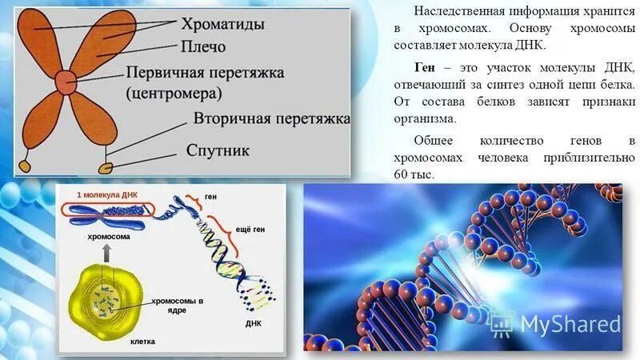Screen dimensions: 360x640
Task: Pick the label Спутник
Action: tap(218, 150)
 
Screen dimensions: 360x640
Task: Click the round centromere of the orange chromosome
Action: tap(63, 80)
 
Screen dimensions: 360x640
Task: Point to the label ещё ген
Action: tap(250, 230)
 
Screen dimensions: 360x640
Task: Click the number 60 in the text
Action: tap(403, 175)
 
